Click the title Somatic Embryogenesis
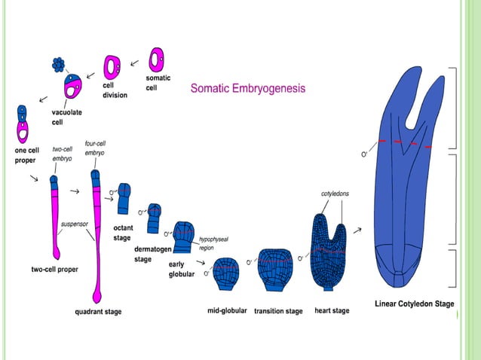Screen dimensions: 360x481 pos(248,88)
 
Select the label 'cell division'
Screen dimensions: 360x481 pos(115,90)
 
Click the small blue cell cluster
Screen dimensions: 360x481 pos(58,66)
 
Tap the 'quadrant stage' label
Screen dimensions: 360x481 pos(98,311)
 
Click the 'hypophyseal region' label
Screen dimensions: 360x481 pos(212,243)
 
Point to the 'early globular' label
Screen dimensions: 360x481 pos(181,269)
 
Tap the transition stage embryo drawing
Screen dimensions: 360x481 pos(277,269)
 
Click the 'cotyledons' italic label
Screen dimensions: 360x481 pos(335,194)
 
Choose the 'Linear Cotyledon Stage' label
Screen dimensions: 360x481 pos(414,304)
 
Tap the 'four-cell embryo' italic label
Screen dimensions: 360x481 pos(94,147)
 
